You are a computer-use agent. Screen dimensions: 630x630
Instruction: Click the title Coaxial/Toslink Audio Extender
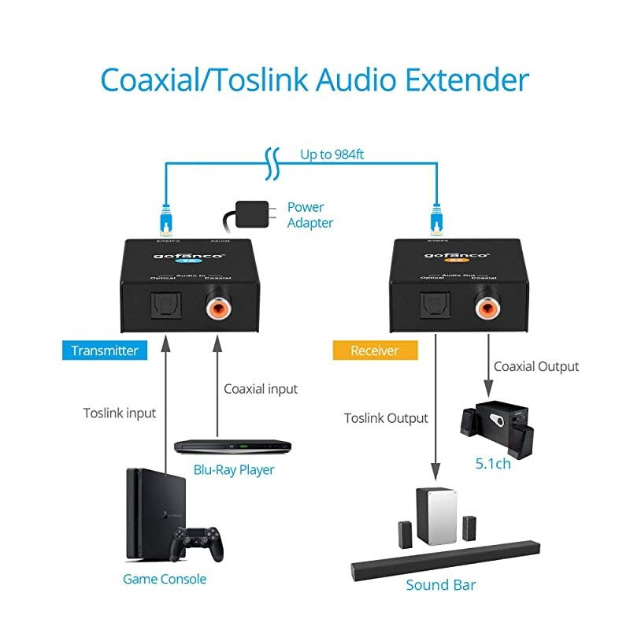click(315, 81)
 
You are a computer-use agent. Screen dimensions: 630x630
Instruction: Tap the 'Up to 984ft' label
click(332, 154)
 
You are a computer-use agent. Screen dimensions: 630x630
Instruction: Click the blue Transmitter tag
click(105, 350)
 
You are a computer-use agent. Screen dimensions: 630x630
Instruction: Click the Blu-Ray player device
click(232, 447)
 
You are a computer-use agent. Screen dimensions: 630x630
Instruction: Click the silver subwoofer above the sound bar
click(435, 516)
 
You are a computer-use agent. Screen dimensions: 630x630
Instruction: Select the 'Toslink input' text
click(120, 413)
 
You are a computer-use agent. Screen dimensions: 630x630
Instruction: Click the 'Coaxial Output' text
click(535, 366)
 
